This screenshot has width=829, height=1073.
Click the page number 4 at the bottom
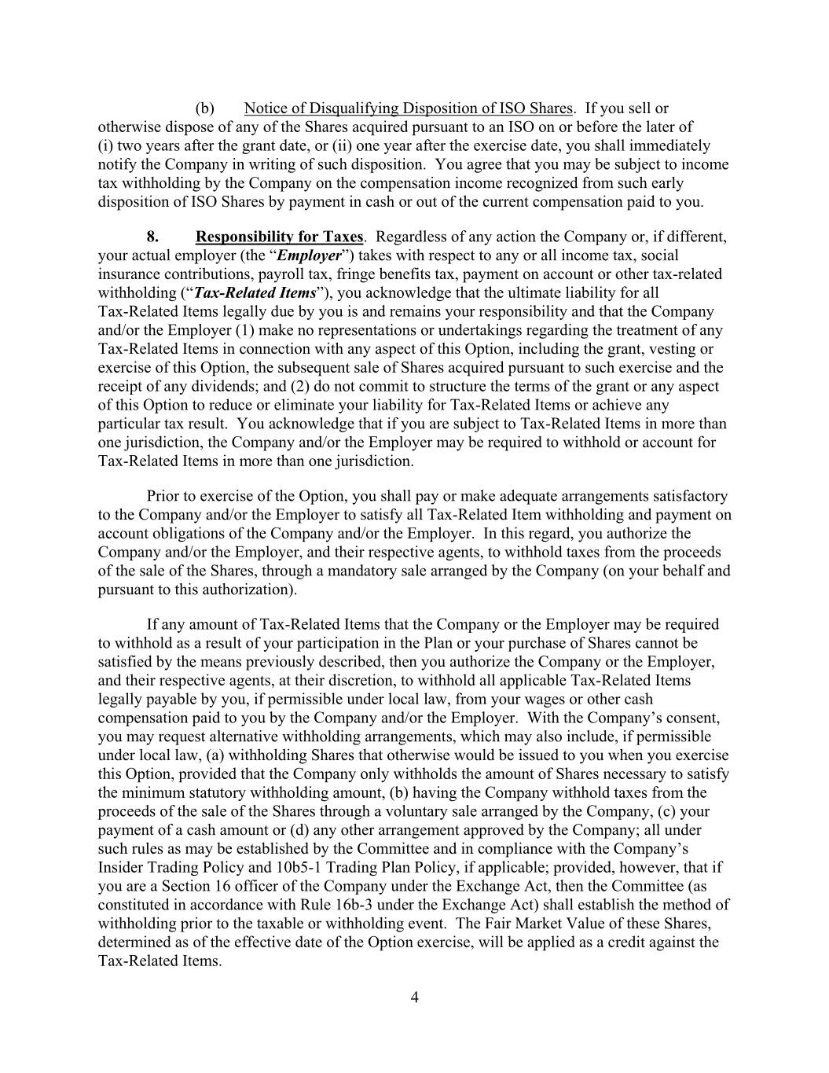pos(414,998)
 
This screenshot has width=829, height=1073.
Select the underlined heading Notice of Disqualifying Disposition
pos(409,108)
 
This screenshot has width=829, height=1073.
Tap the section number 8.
pos(154,237)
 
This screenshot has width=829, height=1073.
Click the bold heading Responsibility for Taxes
pos(279,237)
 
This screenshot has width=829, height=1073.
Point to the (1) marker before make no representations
pos(227,330)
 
